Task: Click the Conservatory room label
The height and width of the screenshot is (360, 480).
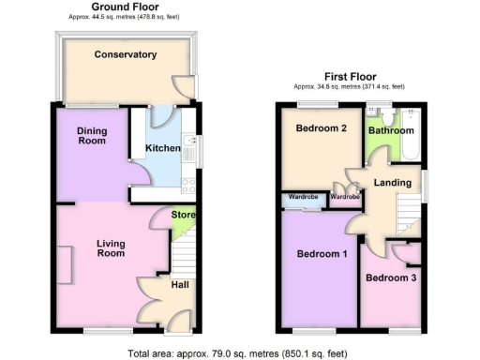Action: [125, 54]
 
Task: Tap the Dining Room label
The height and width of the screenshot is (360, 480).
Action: [91, 135]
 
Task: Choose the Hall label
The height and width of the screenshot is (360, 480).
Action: [181, 282]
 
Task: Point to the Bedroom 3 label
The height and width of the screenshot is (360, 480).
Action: [390, 277]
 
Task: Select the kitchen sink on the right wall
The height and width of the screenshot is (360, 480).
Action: [190, 147]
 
